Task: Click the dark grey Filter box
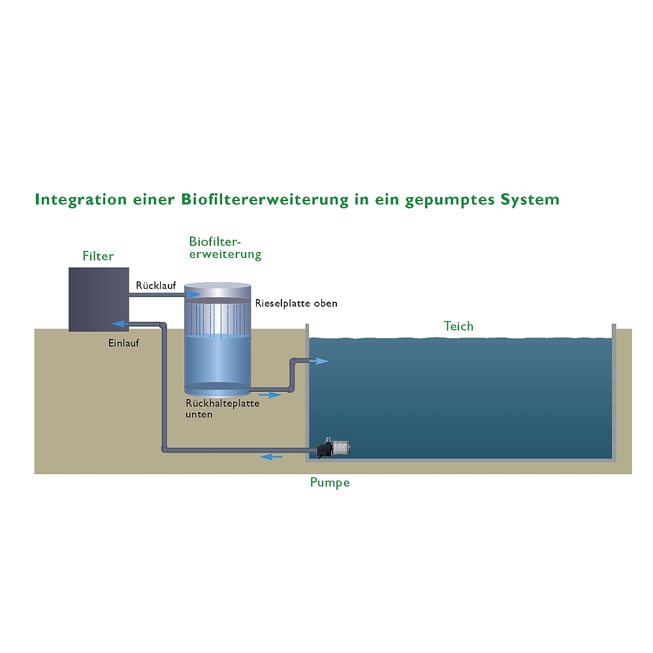coord(98,299)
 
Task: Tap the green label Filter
coord(98,256)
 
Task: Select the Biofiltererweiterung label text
coord(225,248)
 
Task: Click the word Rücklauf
coord(156,285)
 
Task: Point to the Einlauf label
coord(123,342)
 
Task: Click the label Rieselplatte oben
coord(296,304)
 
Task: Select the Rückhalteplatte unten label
coord(222,408)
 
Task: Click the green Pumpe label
coord(330,483)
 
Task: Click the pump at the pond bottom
coord(334,448)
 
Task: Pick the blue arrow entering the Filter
coord(121,323)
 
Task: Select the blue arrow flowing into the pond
coord(319,361)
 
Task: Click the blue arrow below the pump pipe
coord(272,456)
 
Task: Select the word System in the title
coord(530,200)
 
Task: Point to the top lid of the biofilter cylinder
coord(217,288)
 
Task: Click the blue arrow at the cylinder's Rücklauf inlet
coord(195,295)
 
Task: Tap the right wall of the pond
coord(613,392)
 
